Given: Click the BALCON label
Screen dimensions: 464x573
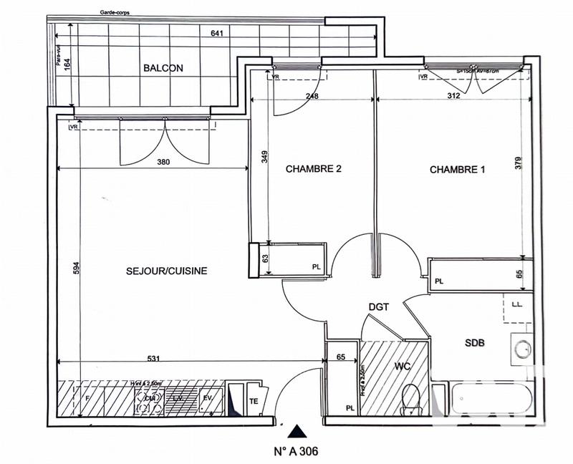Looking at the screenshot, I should coord(163,68).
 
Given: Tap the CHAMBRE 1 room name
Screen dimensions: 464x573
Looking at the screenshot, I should coord(458,170).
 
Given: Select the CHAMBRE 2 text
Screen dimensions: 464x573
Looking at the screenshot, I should coord(314,170).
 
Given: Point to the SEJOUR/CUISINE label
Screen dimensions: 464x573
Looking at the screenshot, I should coord(167,271).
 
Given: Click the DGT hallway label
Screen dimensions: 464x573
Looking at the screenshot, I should coord(378,306).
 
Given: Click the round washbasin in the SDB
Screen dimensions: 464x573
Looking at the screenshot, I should coord(522,349).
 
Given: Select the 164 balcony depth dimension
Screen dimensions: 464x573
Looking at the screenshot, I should coord(67,64).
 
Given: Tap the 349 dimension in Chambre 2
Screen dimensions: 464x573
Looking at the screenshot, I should coord(264,158).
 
